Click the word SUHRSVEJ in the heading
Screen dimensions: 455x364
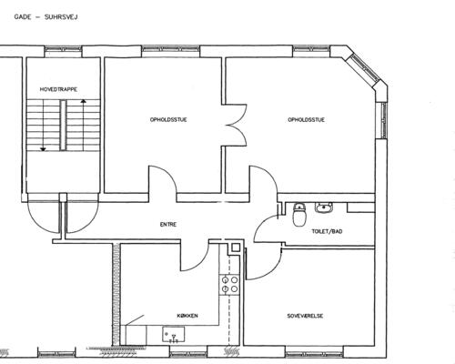tap(61, 17)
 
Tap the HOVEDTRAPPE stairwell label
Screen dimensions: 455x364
tap(58, 89)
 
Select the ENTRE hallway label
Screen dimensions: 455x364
tap(168, 225)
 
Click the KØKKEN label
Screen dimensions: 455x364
tap(187, 316)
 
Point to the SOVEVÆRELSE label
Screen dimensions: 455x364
tap(305, 316)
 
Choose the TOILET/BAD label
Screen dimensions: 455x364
tap(327, 231)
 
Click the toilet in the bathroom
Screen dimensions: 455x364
tap(299, 215)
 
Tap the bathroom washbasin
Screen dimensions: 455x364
tap(324, 207)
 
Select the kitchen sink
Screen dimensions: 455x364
tap(174, 335)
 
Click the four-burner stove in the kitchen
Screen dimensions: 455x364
tap(229, 284)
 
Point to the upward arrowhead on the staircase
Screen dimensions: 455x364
tap(83, 101)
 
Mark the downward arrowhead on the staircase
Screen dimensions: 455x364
tap(43, 149)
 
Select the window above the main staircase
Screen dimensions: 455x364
tap(63, 51)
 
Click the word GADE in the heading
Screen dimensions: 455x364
tap(23, 17)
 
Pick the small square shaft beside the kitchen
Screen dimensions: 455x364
tap(236, 248)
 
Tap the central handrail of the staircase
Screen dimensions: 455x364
tap(63, 126)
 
